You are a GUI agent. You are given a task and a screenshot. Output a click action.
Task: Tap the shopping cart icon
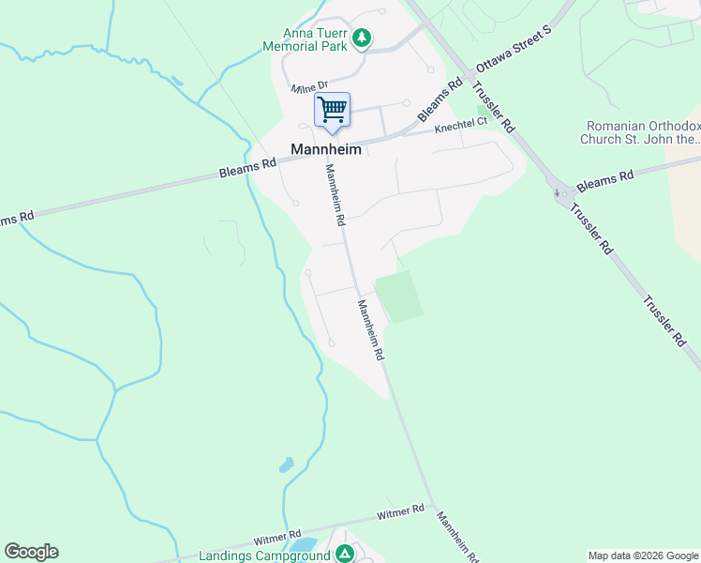pos(332,110)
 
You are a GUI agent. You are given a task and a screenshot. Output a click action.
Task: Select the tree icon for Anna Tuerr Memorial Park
pos(362,38)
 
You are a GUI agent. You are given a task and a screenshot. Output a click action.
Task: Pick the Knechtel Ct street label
pos(461,125)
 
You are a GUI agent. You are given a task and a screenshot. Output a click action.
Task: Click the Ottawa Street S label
pos(515,55)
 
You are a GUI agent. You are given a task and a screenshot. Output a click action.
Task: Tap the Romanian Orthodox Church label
pos(642,132)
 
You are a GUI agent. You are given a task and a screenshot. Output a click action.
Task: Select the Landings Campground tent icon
pos(345,555)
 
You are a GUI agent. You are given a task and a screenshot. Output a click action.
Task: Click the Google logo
pos(31,552)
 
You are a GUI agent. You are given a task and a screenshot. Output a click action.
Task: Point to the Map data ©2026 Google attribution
pos(643,555)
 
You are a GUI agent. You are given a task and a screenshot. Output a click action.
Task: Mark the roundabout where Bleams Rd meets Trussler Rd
pos(563,194)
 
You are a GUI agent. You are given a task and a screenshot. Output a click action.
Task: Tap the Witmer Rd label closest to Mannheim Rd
pos(400,513)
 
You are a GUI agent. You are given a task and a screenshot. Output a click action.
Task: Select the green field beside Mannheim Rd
pos(398,297)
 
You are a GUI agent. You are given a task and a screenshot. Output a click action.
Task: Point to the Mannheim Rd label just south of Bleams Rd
pos(336,195)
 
